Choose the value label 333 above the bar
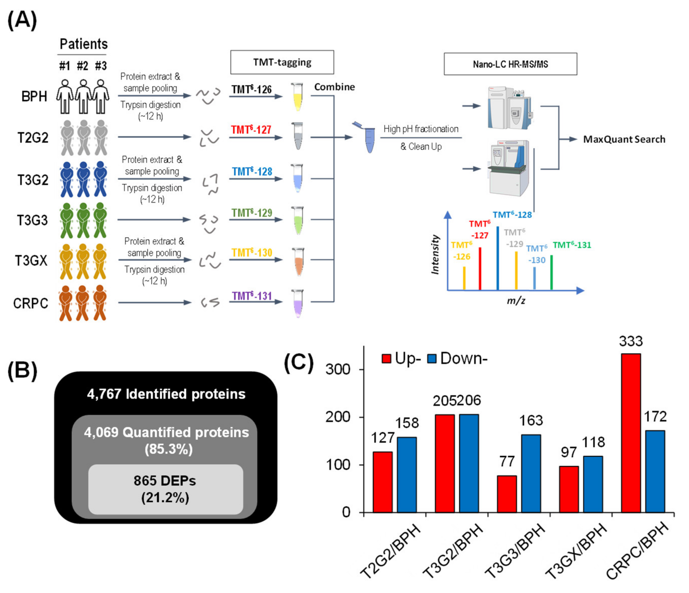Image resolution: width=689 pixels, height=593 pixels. point(630,341)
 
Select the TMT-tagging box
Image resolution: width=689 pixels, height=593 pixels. point(282,62)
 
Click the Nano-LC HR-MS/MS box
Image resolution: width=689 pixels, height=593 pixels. point(510,64)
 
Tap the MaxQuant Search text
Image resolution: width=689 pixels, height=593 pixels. point(624,139)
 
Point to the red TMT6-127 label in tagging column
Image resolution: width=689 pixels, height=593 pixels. point(251,130)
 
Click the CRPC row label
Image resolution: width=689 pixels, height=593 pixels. point(31,303)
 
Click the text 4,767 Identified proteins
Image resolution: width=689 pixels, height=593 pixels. point(166,394)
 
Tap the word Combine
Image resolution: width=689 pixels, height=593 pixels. point(334,87)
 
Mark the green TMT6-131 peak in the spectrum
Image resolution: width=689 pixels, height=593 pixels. point(551,272)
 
